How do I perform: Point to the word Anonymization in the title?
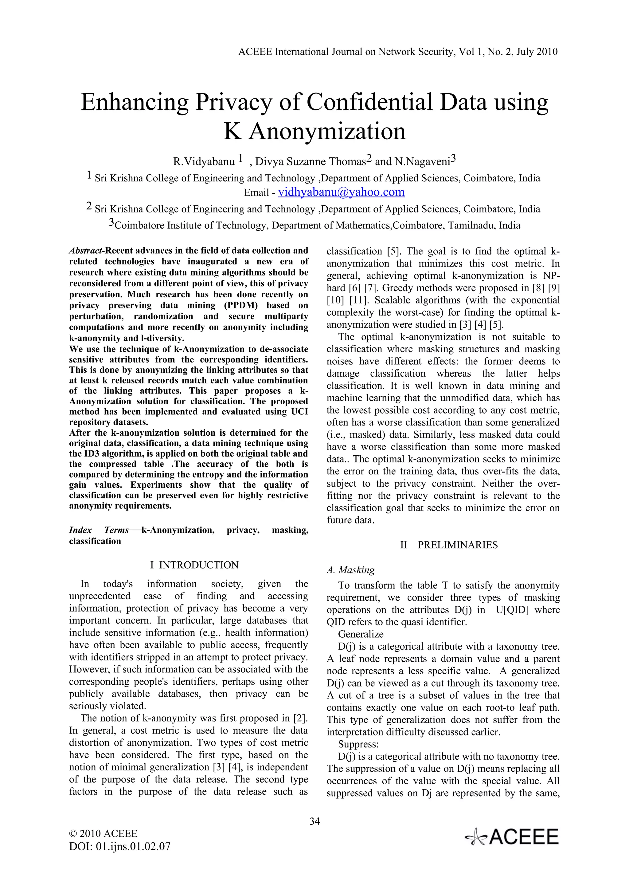(327, 132)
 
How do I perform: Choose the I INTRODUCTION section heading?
(194, 565)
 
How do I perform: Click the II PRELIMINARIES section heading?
(449, 545)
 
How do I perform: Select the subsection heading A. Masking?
(351, 570)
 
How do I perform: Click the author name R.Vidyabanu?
(204, 161)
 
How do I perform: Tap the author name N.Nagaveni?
(422, 161)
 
